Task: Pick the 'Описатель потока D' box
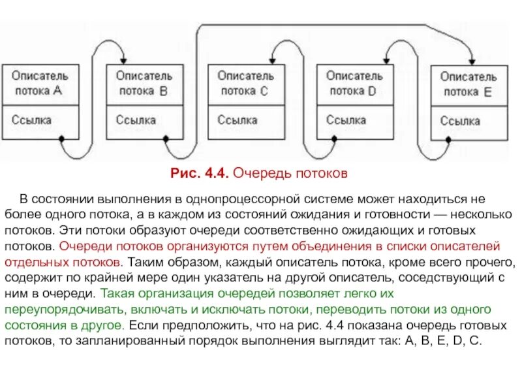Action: click(x=354, y=84)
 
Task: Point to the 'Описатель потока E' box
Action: click(x=468, y=85)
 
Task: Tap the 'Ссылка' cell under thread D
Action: click(x=354, y=121)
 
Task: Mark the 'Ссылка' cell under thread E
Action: click(x=468, y=122)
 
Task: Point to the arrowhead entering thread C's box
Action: click(x=274, y=59)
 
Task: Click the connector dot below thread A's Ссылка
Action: click(x=62, y=139)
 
